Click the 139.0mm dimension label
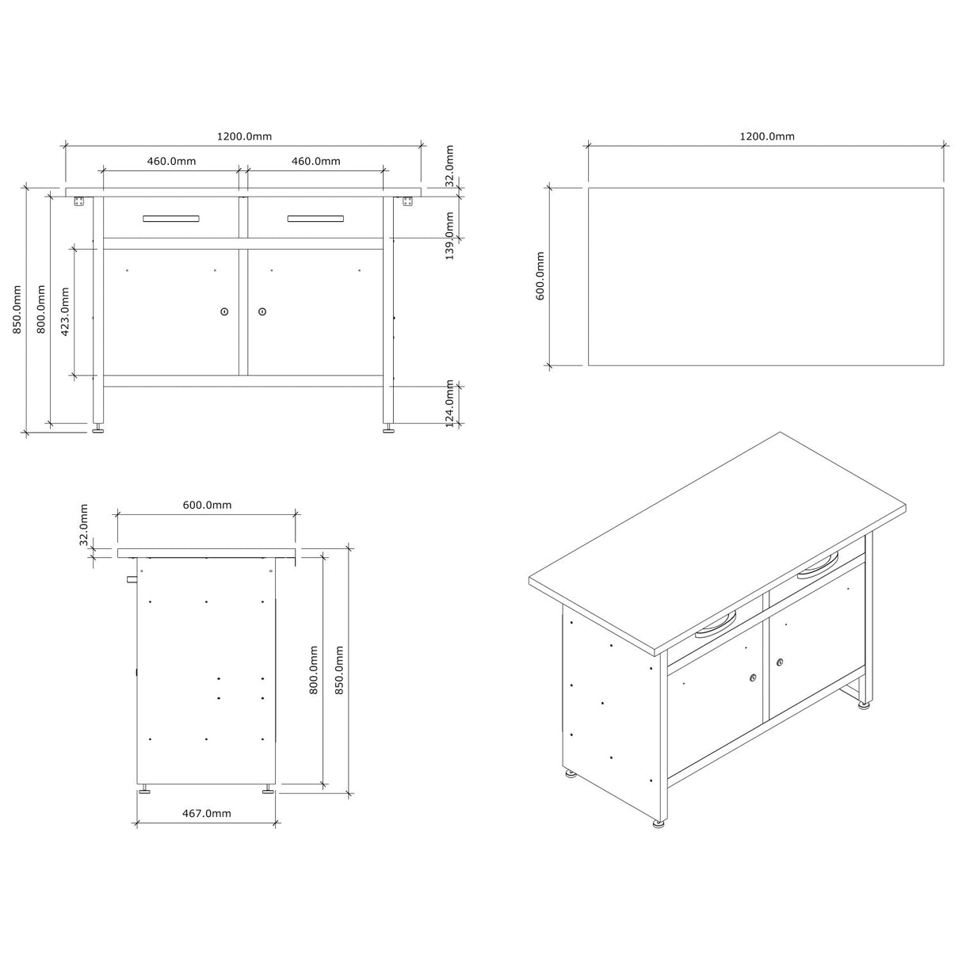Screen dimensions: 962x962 pos(449,236)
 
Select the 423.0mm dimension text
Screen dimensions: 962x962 pos(66,310)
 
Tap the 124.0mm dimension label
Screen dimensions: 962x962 pos(449,405)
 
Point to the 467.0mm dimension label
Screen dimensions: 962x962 pos(206,813)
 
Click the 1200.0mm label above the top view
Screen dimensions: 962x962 pos(766,136)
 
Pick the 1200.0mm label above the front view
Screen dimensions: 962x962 pos(244,136)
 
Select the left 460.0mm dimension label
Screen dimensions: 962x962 pos(171,161)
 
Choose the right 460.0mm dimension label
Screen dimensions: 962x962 pos(315,161)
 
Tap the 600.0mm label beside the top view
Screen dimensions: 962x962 pos(540,276)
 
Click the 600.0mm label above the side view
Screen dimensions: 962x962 pos(207,505)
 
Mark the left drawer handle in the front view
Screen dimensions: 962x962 pos(171,219)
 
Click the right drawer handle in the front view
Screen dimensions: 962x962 pos(315,219)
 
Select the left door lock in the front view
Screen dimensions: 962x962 pos(224,311)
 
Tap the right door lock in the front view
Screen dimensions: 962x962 pos(261,311)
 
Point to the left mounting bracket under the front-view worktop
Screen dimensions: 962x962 pos(78,202)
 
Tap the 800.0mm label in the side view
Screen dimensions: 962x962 pos(313,670)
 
